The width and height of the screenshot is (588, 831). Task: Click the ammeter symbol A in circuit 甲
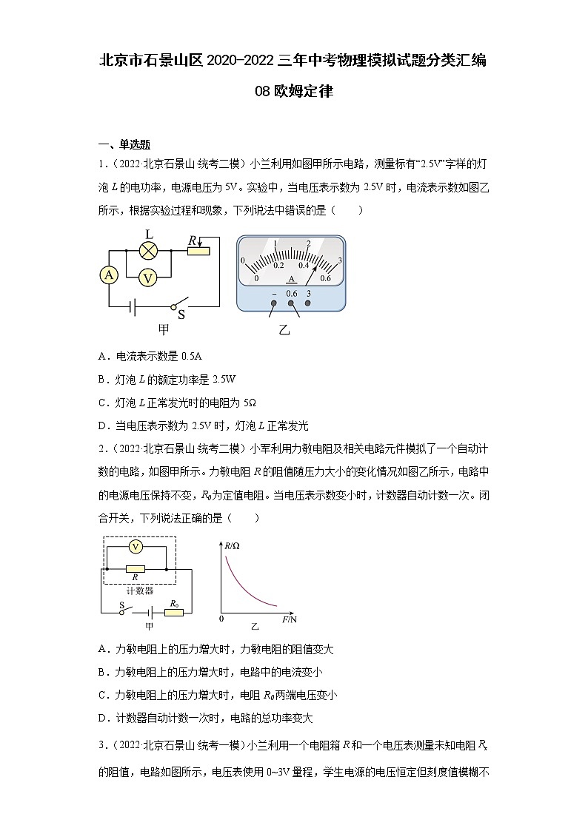[x=110, y=275]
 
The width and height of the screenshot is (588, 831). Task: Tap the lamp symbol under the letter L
[x=149, y=251]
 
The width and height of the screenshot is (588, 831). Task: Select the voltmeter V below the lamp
[x=149, y=277]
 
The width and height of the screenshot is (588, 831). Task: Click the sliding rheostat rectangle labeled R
[x=198, y=251]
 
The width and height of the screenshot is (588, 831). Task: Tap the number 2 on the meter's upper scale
[x=308, y=243]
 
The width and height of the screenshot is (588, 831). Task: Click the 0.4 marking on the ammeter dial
[x=304, y=265]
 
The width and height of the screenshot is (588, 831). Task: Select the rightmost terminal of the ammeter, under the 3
[x=308, y=303]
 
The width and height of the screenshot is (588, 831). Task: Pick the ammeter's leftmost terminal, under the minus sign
[x=274, y=303]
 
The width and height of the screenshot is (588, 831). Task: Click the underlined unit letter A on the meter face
[x=292, y=279]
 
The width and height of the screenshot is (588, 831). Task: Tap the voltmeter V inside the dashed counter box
[x=136, y=546]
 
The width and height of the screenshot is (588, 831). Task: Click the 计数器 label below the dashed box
[x=139, y=591]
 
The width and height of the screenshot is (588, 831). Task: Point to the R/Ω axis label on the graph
[x=231, y=546]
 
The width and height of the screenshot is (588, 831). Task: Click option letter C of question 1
[x=102, y=403]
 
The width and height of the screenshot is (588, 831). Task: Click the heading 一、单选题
[x=124, y=144]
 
